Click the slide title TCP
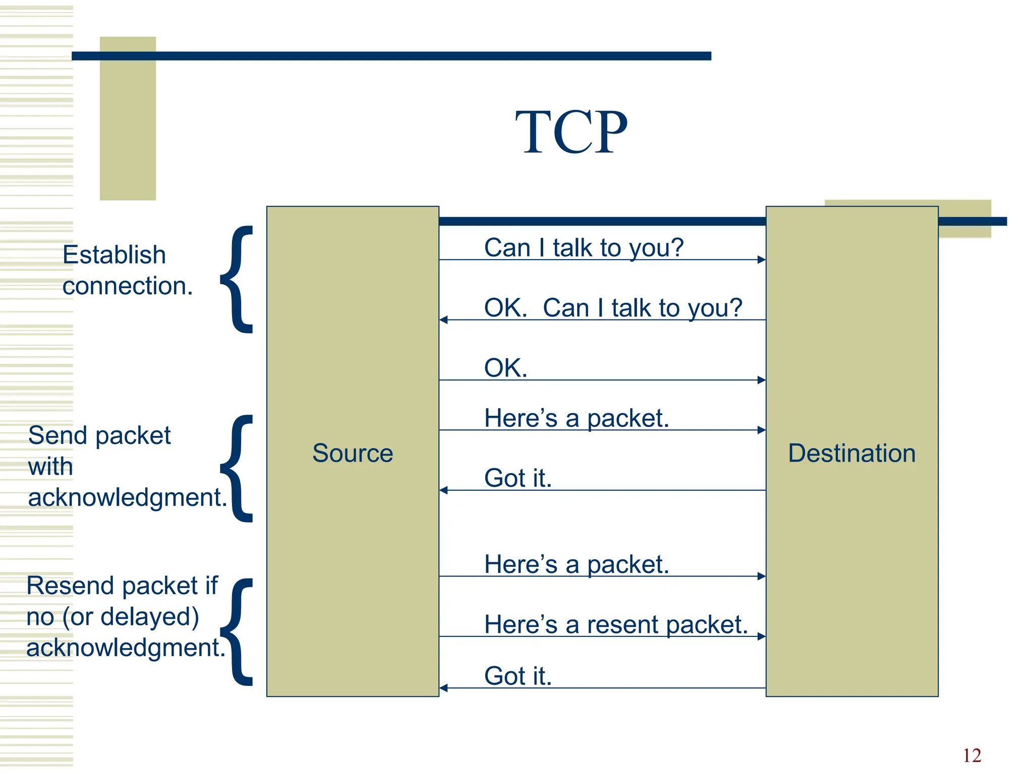tap(571, 133)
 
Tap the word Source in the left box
tap(353, 453)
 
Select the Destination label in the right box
tap(851, 453)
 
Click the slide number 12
tap(971, 755)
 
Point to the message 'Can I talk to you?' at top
tap(584, 248)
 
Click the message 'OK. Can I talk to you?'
tap(613, 308)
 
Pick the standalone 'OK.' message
tap(505, 368)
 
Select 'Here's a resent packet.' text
tap(615, 625)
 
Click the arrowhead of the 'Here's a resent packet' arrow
tap(762, 636)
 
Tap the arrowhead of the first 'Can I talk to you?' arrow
tap(762, 260)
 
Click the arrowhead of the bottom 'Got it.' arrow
tap(443, 688)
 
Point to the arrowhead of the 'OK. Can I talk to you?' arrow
tap(443, 320)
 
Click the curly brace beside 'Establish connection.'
tap(237, 280)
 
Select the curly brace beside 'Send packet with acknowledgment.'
tap(237, 469)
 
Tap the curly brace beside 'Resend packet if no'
tap(237, 632)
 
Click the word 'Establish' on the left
tap(114, 255)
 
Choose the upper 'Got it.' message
tap(518, 478)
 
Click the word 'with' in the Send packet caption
tap(50, 467)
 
